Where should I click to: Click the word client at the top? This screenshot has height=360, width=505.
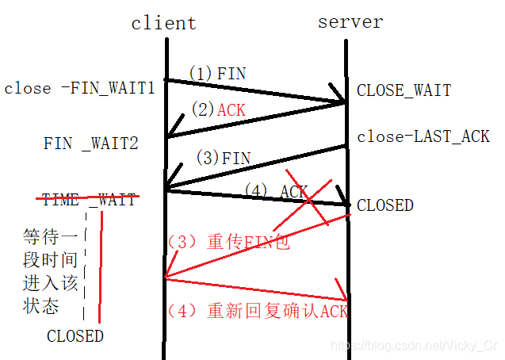tap(163, 23)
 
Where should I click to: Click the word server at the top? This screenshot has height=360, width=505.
tap(350, 21)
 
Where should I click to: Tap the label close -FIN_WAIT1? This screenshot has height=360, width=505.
tap(79, 87)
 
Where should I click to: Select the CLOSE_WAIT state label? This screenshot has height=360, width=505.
tap(404, 90)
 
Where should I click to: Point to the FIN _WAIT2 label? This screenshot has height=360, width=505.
tap(90, 144)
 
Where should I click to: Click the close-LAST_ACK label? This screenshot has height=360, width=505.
tap(423, 136)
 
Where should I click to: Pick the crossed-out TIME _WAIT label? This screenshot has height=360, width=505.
tap(89, 199)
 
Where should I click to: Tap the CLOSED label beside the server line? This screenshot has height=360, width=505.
tap(385, 205)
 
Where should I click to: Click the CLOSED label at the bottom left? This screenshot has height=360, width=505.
tap(75, 335)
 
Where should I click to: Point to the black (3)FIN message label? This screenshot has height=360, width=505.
tap(223, 157)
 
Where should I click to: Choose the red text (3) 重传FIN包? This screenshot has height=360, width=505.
tap(228, 242)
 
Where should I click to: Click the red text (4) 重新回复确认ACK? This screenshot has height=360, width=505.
tap(257, 311)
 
